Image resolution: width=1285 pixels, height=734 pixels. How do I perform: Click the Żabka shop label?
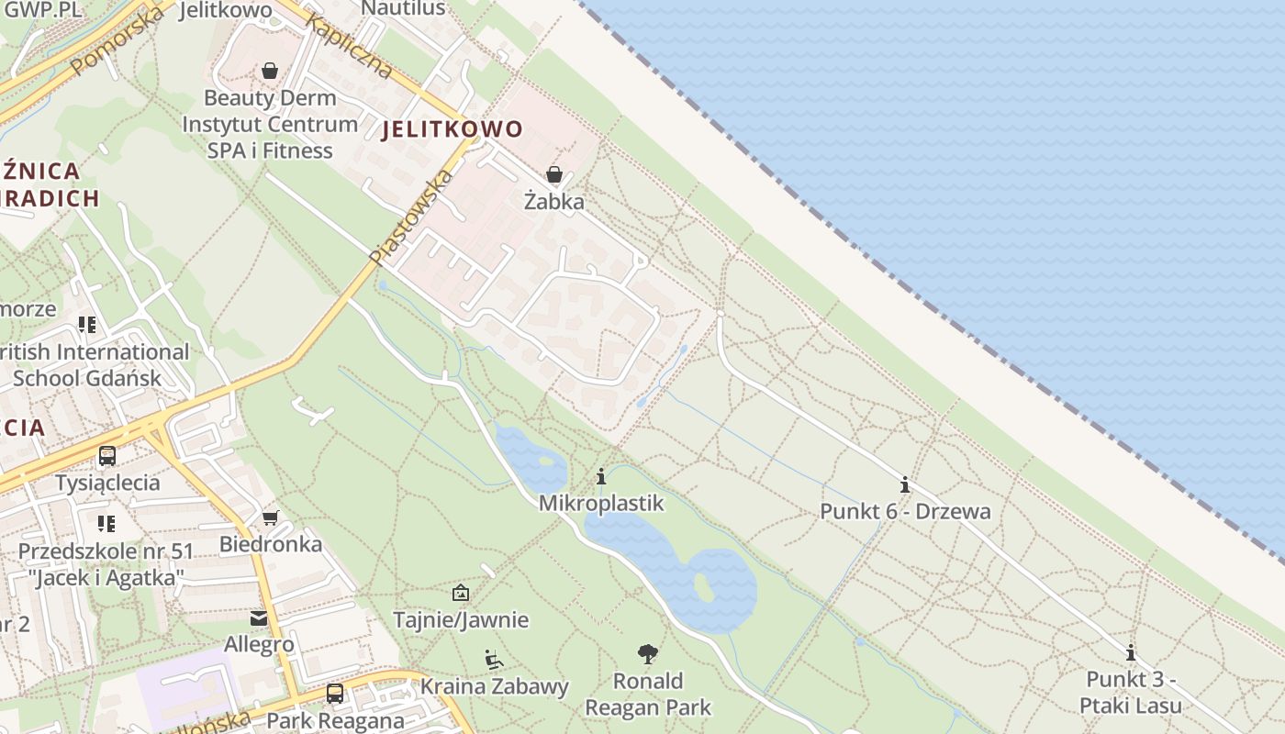point(553,201)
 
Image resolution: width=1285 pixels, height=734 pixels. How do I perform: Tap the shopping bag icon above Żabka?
point(553,173)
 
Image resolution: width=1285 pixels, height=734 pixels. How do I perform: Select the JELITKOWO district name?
point(452,129)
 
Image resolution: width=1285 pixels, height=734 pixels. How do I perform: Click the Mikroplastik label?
point(600,503)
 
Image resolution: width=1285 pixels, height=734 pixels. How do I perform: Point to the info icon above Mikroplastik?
point(601,476)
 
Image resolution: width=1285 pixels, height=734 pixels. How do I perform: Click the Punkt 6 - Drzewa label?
point(905,511)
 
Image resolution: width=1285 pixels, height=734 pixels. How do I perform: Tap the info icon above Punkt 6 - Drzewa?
point(905,484)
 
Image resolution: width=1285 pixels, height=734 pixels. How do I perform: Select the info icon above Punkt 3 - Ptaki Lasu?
point(1131,652)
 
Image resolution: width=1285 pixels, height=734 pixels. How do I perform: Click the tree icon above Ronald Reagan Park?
point(648,654)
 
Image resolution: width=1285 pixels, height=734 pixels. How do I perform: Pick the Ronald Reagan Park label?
point(648,694)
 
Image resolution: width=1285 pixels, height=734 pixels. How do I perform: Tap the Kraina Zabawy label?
point(495,685)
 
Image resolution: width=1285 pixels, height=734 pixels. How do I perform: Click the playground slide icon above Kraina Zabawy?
point(494,659)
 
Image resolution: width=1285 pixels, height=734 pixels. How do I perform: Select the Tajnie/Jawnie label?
point(461,619)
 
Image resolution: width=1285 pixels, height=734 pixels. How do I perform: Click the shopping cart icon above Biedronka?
point(270,518)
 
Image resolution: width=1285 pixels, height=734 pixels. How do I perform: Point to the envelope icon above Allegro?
point(259,618)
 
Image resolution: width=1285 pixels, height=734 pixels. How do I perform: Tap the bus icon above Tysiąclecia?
point(107,455)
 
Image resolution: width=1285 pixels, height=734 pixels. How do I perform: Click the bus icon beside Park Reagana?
point(335,693)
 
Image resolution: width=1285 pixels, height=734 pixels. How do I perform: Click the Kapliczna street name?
point(351,46)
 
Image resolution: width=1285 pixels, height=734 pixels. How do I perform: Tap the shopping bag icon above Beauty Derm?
point(270,71)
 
